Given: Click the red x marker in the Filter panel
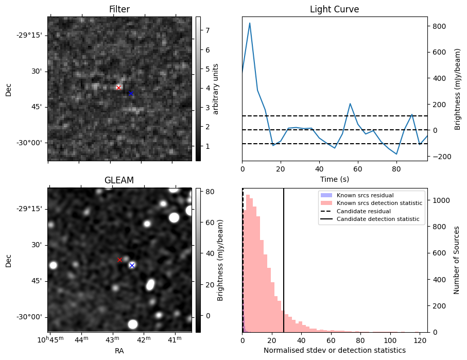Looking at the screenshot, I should [x=118, y=88].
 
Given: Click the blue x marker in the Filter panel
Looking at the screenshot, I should [x=131, y=93].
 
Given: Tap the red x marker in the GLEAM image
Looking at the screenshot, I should [x=120, y=260].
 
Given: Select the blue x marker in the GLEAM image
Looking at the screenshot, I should [x=132, y=265].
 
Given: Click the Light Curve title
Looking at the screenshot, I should [x=334, y=9].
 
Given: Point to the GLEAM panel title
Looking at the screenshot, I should [x=119, y=180].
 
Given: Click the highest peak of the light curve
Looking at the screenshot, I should [x=250, y=23].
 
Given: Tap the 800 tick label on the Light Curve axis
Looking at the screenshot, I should [x=438, y=26].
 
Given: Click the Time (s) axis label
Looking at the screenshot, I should [x=334, y=178].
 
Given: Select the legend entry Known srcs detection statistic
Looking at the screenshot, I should [x=379, y=203].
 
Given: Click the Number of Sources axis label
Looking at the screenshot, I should [x=457, y=260].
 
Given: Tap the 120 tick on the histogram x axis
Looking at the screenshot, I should [x=420, y=340].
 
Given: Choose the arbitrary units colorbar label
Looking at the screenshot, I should [x=216, y=89].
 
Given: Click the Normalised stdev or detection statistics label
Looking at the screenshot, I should [x=334, y=350].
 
